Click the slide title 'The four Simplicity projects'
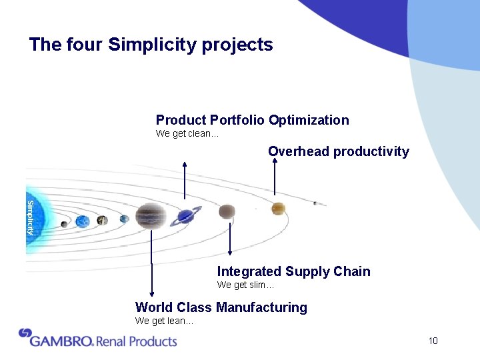151,45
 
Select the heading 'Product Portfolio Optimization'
252,120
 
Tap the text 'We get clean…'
187,133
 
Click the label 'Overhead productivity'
338,151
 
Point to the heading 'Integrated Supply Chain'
293,271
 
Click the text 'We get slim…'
245,285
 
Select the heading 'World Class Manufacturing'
221,307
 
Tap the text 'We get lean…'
164,321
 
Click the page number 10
433,341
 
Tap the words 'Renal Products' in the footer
137,341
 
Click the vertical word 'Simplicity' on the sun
30,217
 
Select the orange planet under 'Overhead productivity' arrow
277,209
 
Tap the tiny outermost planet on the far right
315,203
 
